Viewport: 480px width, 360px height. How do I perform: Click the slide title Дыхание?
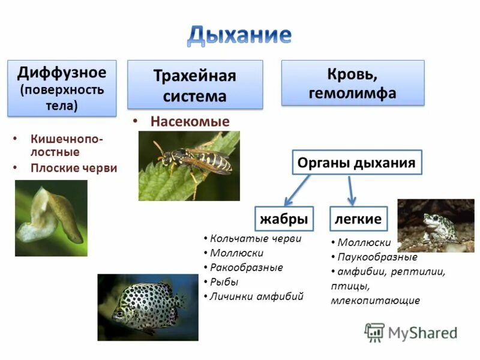pos(239,35)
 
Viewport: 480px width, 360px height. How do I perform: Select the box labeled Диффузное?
pos(62,88)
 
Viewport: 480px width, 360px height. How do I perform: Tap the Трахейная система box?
pos(195,85)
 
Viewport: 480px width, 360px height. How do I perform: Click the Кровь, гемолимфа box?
pos(352,83)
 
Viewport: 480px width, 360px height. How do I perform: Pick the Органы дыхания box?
pos(357,163)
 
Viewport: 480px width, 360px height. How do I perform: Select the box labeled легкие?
pos(359,219)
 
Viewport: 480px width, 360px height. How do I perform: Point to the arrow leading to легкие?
pos(352,190)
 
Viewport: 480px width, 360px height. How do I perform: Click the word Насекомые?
pos(190,121)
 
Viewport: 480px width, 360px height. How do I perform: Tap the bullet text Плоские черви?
pos(74,168)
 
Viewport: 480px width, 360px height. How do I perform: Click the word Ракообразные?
pos(247,268)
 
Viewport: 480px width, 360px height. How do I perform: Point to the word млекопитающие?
pos(375,301)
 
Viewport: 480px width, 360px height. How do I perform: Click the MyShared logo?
pos(412,332)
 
